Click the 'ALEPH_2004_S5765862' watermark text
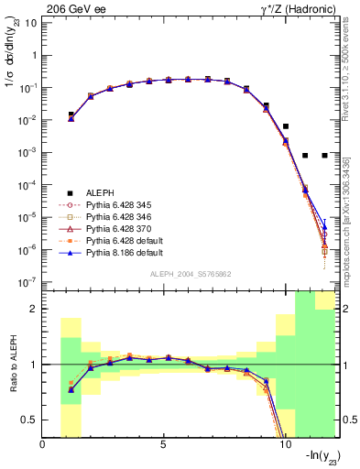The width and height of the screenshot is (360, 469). point(191,274)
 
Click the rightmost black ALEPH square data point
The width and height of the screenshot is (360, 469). point(324,156)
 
